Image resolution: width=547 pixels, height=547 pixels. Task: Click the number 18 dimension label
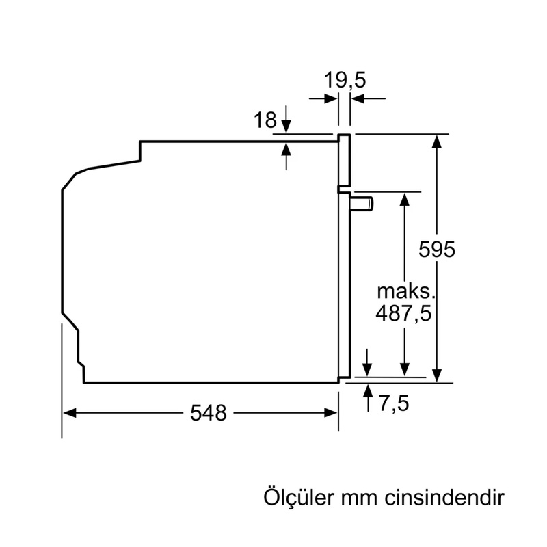click(265, 120)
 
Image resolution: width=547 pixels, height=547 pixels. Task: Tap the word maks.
click(406, 291)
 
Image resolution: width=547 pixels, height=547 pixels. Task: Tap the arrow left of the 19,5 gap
click(332, 99)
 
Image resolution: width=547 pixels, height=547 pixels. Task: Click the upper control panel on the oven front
click(345, 161)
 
